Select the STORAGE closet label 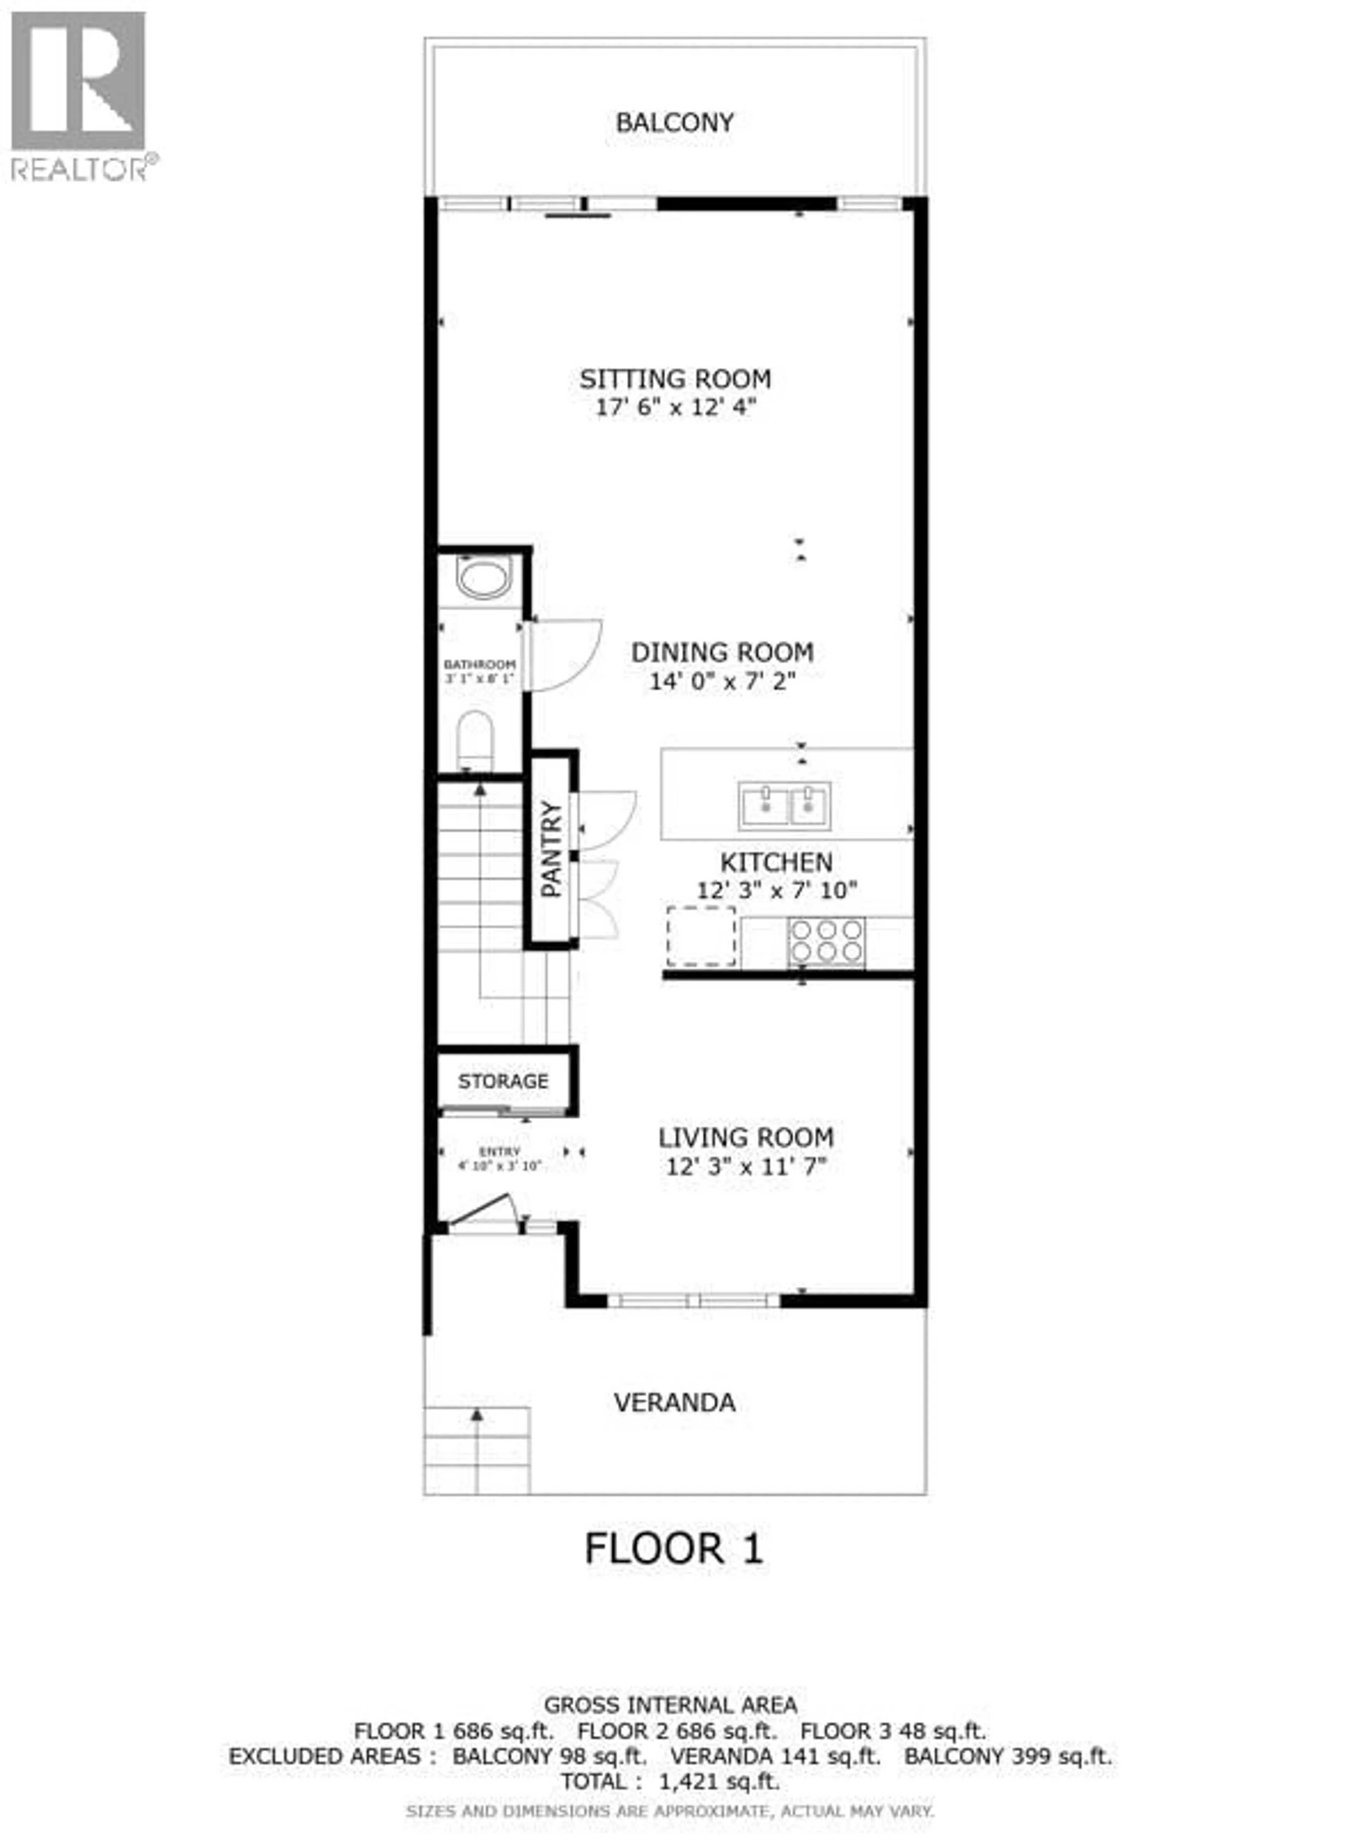[503, 1081]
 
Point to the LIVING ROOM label [746, 1138]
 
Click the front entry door [481, 1212]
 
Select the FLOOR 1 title [674, 1548]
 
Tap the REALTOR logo [79, 94]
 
